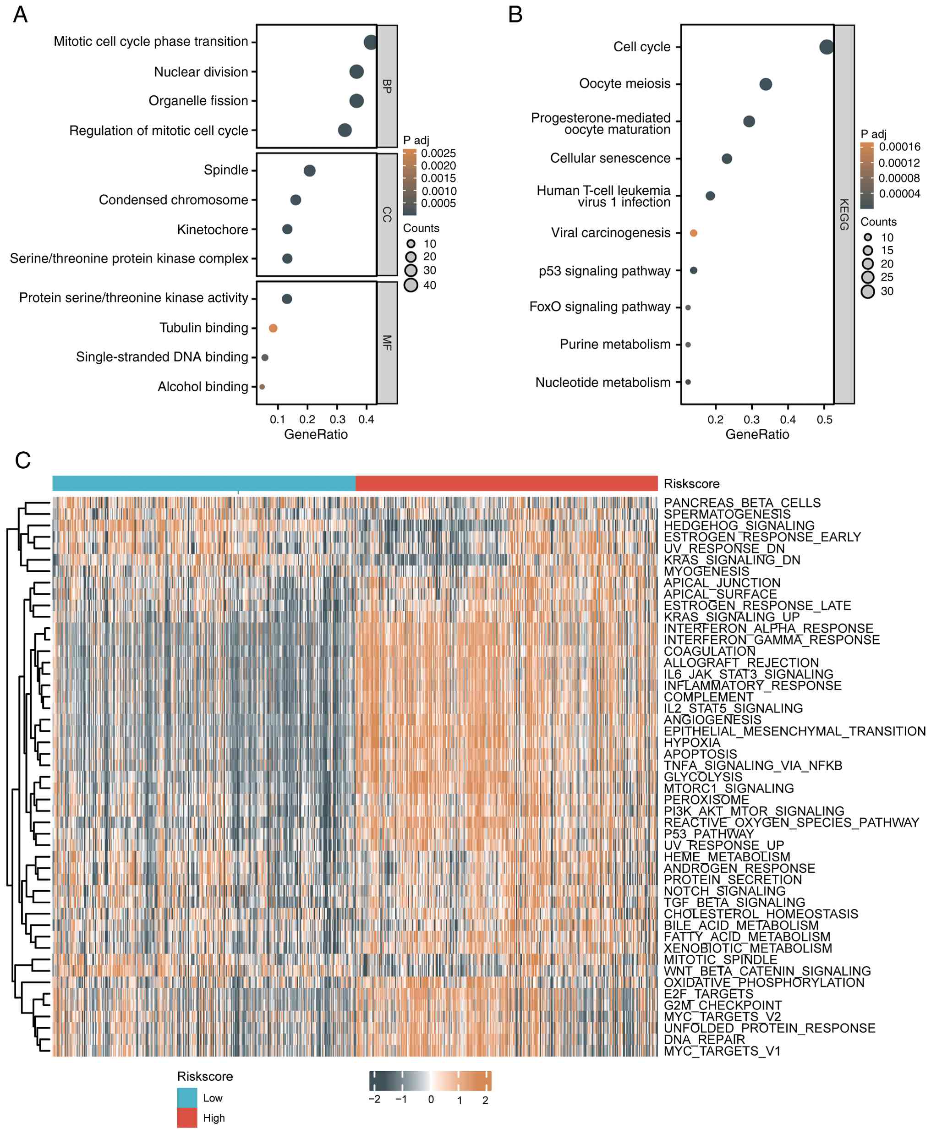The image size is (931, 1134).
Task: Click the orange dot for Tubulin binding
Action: (x=273, y=328)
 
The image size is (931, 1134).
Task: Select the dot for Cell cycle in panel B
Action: (x=827, y=47)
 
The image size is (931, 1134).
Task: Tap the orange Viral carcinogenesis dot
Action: (x=693, y=233)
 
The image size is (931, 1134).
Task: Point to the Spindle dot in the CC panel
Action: (x=309, y=170)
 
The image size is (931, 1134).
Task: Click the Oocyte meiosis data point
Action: (x=766, y=84)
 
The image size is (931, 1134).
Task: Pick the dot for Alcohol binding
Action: (x=262, y=387)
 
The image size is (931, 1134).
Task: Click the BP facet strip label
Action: (x=387, y=86)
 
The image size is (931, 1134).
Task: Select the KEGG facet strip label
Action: (x=844, y=214)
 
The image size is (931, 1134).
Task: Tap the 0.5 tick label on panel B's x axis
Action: (x=824, y=420)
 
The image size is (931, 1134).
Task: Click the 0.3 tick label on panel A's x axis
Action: (x=337, y=420)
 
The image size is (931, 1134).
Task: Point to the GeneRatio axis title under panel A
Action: (x=316, y=434)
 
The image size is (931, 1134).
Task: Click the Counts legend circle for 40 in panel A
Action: (x=411, y=285)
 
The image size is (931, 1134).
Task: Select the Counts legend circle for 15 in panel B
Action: (x=868, y=250)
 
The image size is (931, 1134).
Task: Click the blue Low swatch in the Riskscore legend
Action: (x=187, y=1097)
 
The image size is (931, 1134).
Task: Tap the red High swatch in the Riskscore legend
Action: (x=187, y=1118)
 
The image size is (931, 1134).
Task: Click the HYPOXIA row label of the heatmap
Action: (x=692, y=743)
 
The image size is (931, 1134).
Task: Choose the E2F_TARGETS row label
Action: (x=708, y=994)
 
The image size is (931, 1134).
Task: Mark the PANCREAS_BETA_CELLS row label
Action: (x=742, y=503)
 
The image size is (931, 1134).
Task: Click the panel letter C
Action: (x=22, y=460)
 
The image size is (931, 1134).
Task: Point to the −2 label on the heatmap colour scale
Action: (x=374, y=1100)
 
